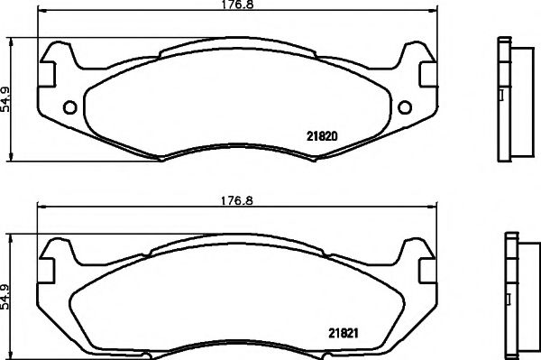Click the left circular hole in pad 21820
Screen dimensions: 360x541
tap(70, 108)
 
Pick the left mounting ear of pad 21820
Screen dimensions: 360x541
tap(56, 59)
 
